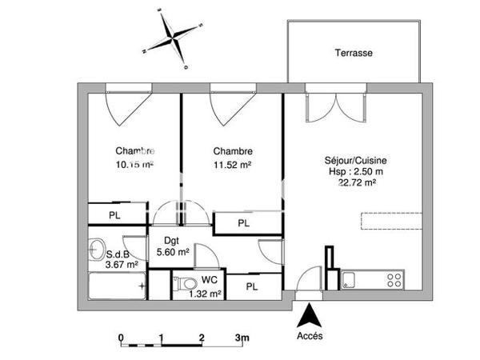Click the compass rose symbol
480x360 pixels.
click(x=173, y=37)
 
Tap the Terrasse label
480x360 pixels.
click(x=354, y=54)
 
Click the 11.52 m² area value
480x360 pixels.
click(x=233, y=165)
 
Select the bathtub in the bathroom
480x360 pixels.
click(x=115, y=284)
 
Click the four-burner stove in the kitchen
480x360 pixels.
click(x=393, y=279)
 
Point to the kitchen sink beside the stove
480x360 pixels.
click(x=350, y=279)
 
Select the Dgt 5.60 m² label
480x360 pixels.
click(x=172, y=246)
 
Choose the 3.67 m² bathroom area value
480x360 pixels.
click(x=122, y=263)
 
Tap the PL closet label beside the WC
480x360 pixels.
click(x=251, y=286)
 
